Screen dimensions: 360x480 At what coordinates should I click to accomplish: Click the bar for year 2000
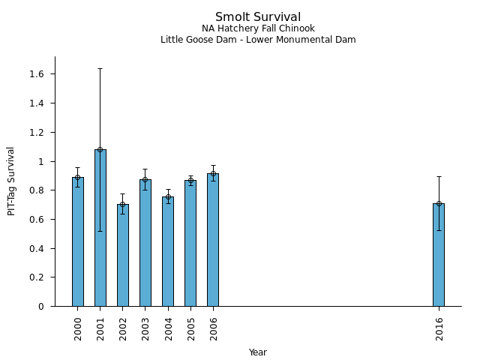(x=78, y=241)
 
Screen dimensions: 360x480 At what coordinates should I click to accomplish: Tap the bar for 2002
(x=123, y=255)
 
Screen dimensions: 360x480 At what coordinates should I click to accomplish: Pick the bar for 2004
(x=168, y=251)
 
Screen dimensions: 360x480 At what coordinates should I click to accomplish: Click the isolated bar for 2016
(x=439, y=255)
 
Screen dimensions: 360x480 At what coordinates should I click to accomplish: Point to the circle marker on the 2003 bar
(x=145, y=179)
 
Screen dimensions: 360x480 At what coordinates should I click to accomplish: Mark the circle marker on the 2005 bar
(x=190, y=181)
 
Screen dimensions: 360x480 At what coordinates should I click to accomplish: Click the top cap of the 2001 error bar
(x=100, y=68)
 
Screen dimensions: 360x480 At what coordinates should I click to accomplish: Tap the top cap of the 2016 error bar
(x=439, y=176)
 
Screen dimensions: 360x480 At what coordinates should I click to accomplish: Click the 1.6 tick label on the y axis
(x=37, y=74)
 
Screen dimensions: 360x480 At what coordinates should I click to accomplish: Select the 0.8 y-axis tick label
(x=37, y=190)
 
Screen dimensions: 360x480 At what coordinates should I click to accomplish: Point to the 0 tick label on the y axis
(x=42, y=307)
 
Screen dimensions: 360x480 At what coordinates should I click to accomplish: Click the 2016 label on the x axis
(x=439, y=328)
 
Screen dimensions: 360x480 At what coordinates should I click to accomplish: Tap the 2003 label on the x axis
(x=145, y=328)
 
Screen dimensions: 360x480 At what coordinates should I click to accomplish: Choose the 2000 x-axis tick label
(x=78, y=328)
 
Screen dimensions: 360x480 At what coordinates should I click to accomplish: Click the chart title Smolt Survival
(x=258, y=17)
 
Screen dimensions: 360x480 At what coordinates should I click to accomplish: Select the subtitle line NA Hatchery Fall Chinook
(x=258, y=28)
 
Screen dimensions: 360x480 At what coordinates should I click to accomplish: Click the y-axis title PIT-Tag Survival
(x=11, y=181)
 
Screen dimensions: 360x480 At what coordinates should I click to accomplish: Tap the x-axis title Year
(x=258, y=352)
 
